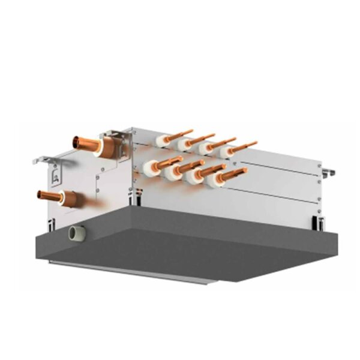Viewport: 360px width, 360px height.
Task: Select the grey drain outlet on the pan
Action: (x=76, y=233)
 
